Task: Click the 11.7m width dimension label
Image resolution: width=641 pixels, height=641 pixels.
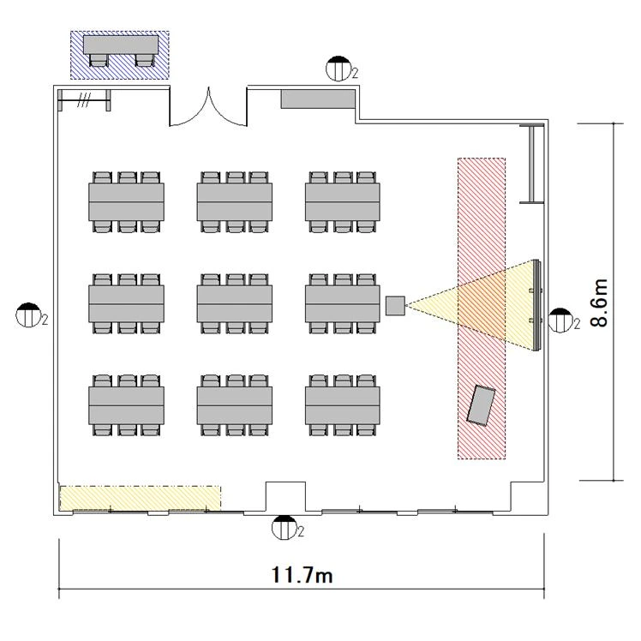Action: [x=302, y=574]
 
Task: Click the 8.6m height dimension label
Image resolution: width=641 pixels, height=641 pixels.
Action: [x=599, y=303]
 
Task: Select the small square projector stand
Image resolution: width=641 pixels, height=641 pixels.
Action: [x=395, y=306]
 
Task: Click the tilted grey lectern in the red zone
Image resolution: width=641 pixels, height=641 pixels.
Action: [x=482, y=405]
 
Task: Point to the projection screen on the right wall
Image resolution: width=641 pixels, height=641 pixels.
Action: [x=536, y=305]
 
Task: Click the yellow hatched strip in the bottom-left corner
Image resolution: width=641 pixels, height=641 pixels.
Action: [x=141, y=498]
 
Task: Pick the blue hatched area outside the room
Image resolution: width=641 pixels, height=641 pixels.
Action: [x=120, y=54]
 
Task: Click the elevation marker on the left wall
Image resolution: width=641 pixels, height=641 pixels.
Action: [x=28, y=315]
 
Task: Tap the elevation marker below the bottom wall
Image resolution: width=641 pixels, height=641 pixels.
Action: [x=285, y=527]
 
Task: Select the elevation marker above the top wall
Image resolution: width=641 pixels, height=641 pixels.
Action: [x=338, y=69]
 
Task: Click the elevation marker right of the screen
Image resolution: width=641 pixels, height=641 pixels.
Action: [x=560, y=320]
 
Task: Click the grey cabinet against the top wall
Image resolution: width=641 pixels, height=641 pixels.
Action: [x=318, y=99]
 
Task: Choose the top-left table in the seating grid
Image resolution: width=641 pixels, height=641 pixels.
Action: [x=126, y=202]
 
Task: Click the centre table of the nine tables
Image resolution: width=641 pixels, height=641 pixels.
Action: [x=235, y=303]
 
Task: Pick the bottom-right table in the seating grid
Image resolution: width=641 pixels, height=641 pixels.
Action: [x=343, y=405]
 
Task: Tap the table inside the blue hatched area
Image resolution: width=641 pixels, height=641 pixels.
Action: [x=121, y=45]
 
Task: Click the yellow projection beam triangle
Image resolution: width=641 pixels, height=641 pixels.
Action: [x=470, y=304]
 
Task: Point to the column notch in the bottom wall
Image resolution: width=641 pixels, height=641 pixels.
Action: [x=285, y=496]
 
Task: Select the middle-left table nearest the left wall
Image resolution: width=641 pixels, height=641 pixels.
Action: [x=126, y=303]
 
